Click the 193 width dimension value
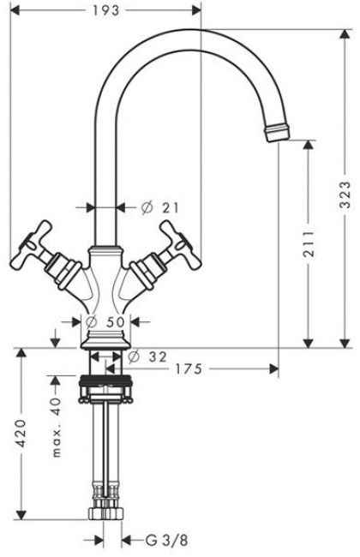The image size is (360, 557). [x=106, y=10]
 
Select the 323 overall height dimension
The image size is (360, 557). [x=345, y=195]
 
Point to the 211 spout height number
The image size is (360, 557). [x=308, y=244]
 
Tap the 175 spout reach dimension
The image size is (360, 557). [x=189, y=369]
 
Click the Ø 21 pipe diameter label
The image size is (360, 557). [x=160, y=207]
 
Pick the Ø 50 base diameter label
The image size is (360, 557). [x=105, y=322]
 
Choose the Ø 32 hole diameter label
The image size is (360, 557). [x=147, y=356]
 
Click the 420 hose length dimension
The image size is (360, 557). [x=21, y=433]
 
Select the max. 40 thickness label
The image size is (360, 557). [x=57, y=428]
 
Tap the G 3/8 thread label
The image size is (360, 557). [x=166, y=541]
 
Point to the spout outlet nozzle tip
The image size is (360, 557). [x=277, y=132]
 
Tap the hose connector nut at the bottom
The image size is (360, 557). [x=106, y=512]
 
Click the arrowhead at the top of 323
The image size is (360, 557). [x=345, y=35]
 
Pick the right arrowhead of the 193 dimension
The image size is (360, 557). [x=195, y=10]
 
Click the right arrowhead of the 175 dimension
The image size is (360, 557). [x=273, y=369]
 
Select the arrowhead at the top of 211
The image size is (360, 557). [x=308, y=145]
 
